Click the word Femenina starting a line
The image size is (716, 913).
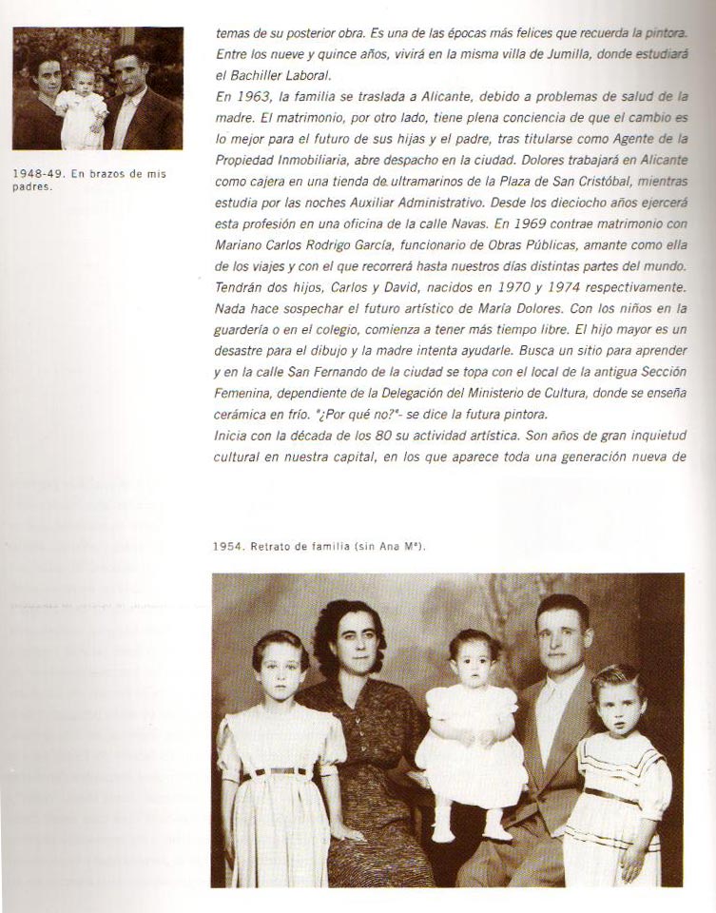[246, 394]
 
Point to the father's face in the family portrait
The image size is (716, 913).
[561, 636]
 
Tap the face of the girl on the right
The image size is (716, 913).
[618, 703]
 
